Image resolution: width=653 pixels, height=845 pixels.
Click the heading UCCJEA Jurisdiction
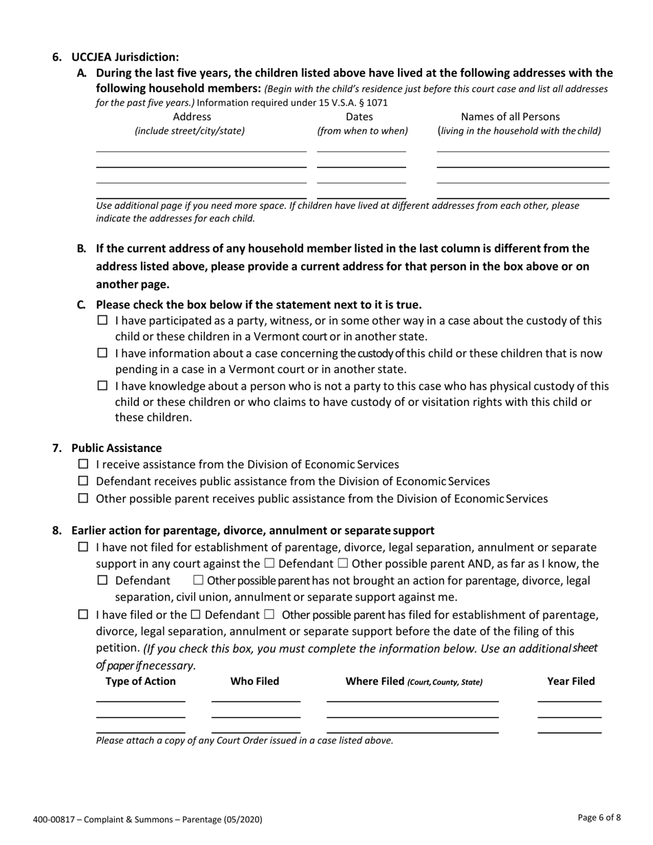pyautogui.click(x=125, y=57)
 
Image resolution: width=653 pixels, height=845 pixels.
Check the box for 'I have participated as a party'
pyautogui.click(x=103, y=320)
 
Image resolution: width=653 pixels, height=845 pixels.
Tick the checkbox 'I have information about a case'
pyautogui.click(x=103, y=353)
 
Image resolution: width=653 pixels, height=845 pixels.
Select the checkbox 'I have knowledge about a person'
pyautogui.click(x=103, y=386)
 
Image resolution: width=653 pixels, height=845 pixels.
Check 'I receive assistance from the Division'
pyautogui.click(x=84, y=464)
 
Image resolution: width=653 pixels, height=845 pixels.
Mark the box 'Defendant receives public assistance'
pyautogui.click(x=84, y=481)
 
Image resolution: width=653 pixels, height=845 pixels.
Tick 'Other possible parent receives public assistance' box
pyautogui.click(x=84, y=498)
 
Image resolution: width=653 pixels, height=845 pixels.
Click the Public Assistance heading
pyautogui.click(x=116, y=448)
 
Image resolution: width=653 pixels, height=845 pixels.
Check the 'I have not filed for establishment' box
pyautogui.click(x=84, y=548)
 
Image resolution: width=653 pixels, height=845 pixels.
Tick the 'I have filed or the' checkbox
pyautogui.click(x=84, y=614)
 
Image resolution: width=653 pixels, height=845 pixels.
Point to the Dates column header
pyautogui.click(x=359, y=117)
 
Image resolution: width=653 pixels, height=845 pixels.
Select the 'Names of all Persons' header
pyautogui.click(x=510, y=117)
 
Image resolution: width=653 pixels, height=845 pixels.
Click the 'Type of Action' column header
pyautogui.click(x=141, y=681)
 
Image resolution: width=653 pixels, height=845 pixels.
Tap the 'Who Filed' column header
pyautogui.click(x=255, y=681)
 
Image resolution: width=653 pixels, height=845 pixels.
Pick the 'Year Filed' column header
pyautogui.click(x=571, y=681)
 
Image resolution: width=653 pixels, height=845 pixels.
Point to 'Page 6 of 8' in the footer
pyautogui.click(x=599, y=818)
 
